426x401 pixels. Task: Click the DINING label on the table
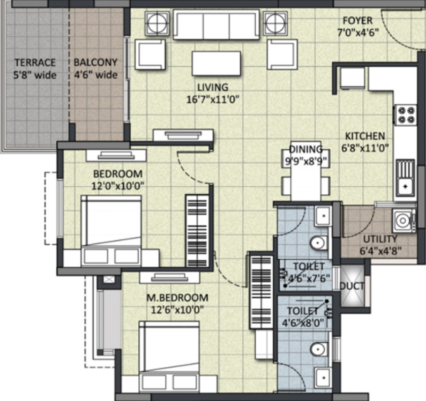point(306,149)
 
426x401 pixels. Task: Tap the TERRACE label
point(35,62)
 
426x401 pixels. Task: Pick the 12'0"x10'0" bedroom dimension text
point(118,184)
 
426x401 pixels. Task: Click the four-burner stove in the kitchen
point(405,116)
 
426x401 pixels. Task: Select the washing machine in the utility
point(401,220)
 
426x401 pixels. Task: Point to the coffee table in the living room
point(216,64)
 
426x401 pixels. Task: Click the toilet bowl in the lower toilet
point(318,350)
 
